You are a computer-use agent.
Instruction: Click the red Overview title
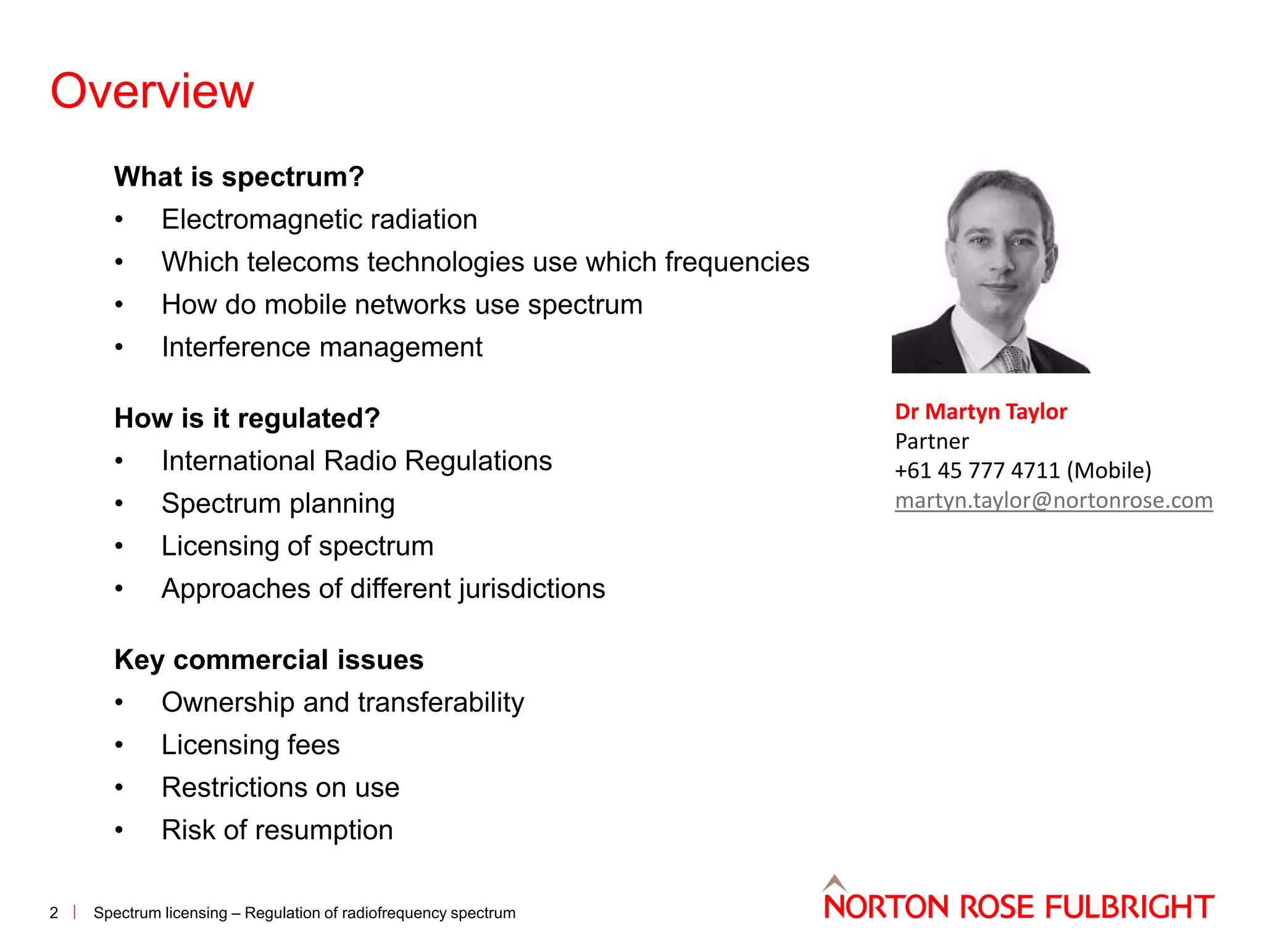(x=152, y=91)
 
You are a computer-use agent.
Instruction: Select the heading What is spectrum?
(x=239, y=177)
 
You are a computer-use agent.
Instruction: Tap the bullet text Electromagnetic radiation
(x=319, y=220)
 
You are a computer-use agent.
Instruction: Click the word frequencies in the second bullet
(x=736, y=262)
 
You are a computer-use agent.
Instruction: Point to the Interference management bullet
(x=322, y=347)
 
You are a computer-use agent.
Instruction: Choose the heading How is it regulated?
(x=247, y=418)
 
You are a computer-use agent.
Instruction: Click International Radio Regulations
(x=356, y=461)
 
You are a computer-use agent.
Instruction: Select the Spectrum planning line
(x=278, y=504)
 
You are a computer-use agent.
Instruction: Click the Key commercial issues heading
(x=268, y=660)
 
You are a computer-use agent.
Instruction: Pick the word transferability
(x=441, y=702)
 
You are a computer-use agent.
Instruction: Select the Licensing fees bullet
(x=250, y=745)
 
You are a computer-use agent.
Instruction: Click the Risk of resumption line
(x=276, y=830)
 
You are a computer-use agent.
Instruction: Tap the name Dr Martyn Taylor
(x=980, y=412)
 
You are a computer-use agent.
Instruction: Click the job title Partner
(x=931, y=441)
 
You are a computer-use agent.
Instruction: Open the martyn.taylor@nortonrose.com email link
(x=1053, y=501)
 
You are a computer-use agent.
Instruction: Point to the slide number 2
(x=54, y=913)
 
